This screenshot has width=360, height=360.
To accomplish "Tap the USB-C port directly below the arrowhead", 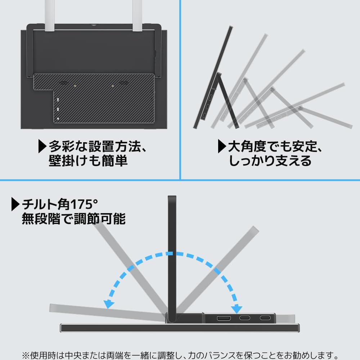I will pos(244,318).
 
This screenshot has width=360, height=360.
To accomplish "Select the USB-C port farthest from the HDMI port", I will pos(265,318).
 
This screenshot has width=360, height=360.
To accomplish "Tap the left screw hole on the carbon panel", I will pos(75,86).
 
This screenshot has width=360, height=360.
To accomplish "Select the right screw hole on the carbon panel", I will pos(113,86).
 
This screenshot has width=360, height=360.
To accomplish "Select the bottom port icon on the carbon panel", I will pos(58,118).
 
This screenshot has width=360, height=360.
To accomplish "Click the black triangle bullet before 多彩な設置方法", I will pos(42,147).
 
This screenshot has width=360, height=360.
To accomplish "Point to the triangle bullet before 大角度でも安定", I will pos(222,147).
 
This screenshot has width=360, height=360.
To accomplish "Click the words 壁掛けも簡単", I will pos(88,161).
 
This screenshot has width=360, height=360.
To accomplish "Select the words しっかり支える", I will pos(270,161).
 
